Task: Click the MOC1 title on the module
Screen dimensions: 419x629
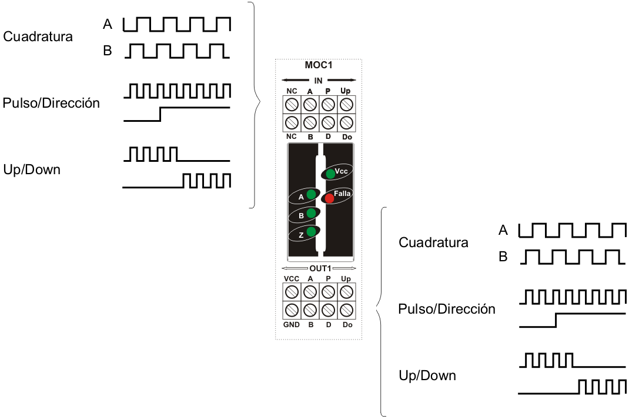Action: tap(318, 65)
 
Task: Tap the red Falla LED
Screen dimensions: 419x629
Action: tap(329, 198)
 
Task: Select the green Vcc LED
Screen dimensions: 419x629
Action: tap(331, 174)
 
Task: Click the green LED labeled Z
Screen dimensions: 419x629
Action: tap(310, 232)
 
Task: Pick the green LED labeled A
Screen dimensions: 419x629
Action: tap(310, 195)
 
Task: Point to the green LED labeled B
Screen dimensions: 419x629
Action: tap(310, 214)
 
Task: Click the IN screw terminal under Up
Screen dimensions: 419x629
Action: tap(346, 105)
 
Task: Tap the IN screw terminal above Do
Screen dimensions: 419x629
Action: tap(346, 123)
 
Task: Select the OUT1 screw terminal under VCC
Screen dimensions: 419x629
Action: tap(292, 291)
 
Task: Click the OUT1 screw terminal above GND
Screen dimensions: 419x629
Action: tap(292, 310)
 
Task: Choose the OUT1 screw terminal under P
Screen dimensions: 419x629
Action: tap(328, 291)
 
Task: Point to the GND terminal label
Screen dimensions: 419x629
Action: tap(291, 325)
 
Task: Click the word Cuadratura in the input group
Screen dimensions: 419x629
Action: tap(38, 36)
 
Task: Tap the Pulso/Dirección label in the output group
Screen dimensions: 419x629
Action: tap(446, 309)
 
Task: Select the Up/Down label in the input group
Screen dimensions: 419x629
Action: tap(32, 170)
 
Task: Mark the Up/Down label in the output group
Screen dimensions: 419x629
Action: tap(427, 375)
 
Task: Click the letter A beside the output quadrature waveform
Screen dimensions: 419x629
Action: tap(503, 230)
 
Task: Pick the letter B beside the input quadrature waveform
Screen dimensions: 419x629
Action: tap(107, 51)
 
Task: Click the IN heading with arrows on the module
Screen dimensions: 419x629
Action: tap(319, 80)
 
